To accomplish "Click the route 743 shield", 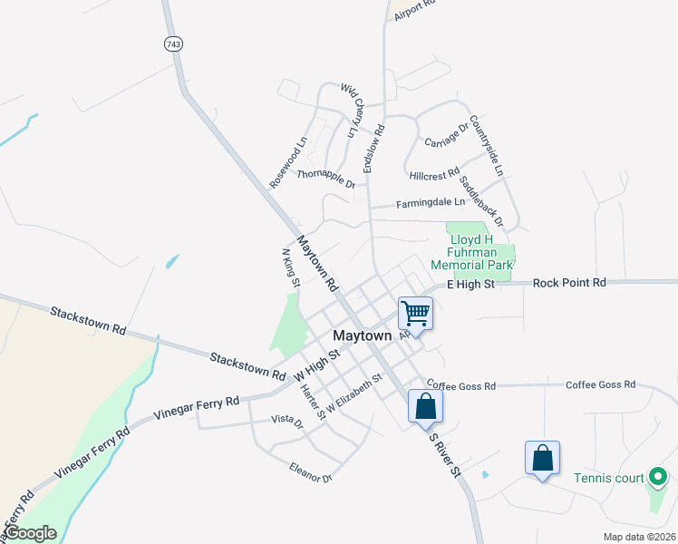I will [171, 44].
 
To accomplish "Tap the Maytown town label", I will [363, 335].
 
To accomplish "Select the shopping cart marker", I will [415, 313].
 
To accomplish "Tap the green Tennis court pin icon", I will [658, 477].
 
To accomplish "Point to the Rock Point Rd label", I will [569, 283].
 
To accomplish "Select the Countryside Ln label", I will [492, 145].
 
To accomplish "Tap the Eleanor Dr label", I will [311, 472].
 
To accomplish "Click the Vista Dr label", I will [286, 420].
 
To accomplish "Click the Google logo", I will [30, 533].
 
